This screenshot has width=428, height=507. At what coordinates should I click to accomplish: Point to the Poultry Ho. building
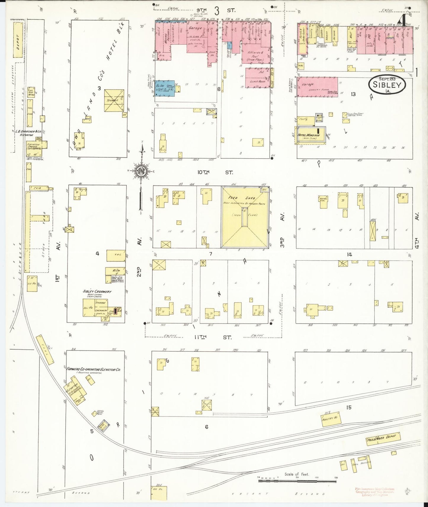tap(331, 419)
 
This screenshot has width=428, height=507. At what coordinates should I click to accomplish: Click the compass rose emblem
tap(142, 171)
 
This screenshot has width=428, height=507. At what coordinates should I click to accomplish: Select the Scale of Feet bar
tap(297, 481)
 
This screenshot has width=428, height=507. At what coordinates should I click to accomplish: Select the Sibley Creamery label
tap(97, 291)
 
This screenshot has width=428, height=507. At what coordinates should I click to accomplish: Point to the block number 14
tap(350, 254)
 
